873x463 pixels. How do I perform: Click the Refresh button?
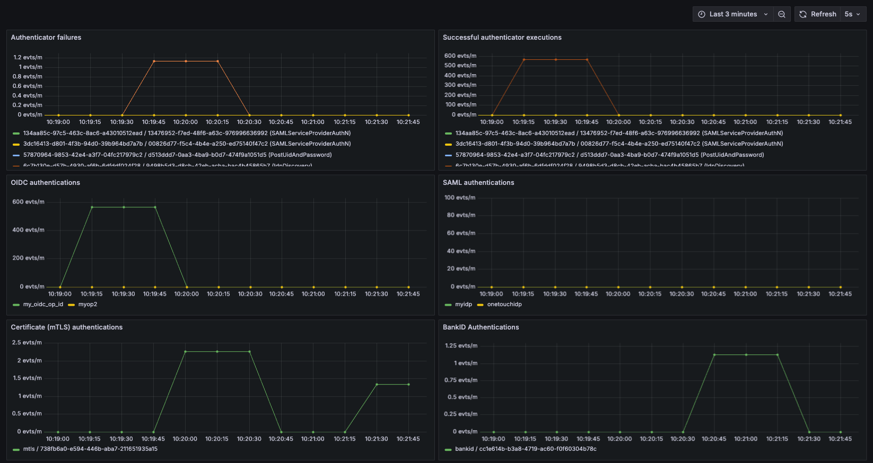818,14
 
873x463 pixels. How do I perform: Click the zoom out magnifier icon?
782,14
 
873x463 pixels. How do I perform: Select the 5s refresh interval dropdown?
852,14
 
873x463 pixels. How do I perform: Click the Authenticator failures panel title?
46,38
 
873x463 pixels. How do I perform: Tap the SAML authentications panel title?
478,182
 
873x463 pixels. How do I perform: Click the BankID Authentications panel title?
481,327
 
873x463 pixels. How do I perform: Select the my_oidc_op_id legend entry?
42,304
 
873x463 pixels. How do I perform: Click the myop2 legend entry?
88,304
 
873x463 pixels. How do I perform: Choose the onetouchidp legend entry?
504,304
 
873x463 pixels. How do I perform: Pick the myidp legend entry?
463,304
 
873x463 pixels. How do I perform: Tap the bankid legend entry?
525,449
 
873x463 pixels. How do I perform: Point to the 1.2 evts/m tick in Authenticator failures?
28,57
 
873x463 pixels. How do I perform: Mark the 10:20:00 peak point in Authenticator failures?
186,61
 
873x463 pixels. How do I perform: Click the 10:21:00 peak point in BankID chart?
746,355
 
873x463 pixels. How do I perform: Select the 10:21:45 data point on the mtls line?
408,385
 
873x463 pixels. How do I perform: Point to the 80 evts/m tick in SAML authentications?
461,215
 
